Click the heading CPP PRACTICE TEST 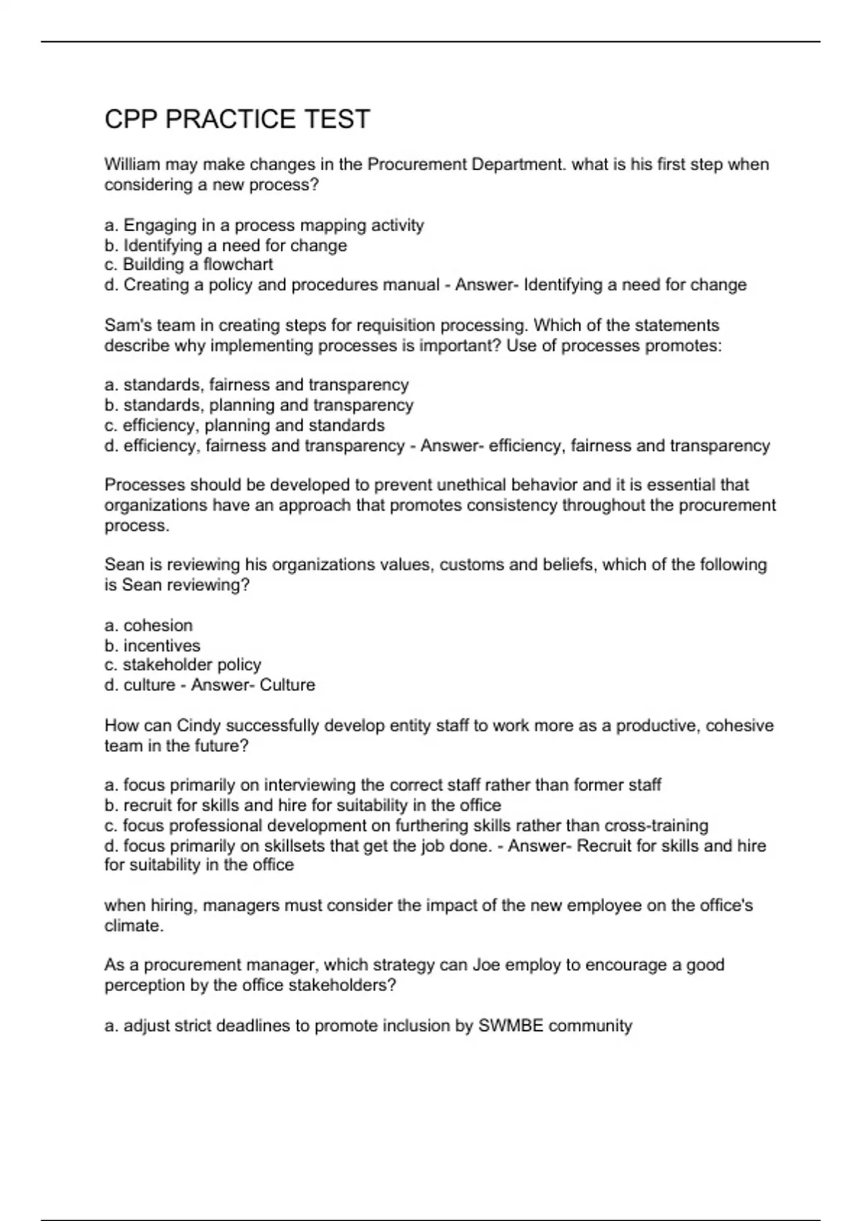(237, 119)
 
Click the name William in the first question (132, 164)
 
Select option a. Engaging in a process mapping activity (264, 226)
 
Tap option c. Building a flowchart (189, 265)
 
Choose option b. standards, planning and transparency (259, 405)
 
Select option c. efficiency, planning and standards (244, 425)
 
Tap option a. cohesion (149, 625)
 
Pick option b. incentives (152, 645)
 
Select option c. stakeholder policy (182, 665)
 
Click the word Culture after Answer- (287, 685)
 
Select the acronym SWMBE (511, 1026)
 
